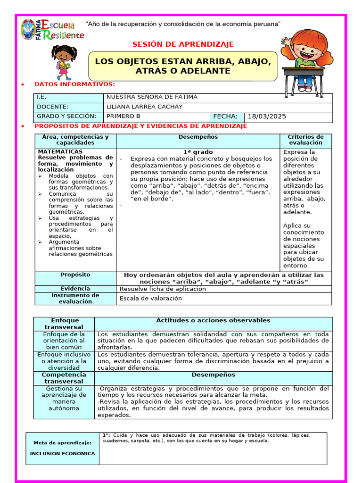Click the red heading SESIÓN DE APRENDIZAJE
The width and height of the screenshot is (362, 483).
pos(183,44)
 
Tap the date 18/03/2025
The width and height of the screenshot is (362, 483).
pos(266,117)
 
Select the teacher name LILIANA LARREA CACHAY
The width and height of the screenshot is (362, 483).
pos(144,107)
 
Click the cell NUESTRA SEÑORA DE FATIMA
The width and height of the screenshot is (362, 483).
pos(152,97)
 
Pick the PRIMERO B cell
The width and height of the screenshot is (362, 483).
pos(123,116)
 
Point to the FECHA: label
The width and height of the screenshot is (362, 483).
pos(227,117)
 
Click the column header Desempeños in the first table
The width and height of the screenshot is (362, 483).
pos(198,137)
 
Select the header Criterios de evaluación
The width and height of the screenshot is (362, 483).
pos(305,140)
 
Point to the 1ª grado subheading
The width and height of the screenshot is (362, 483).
pos(198,152)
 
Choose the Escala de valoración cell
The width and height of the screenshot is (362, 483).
pos(150,298)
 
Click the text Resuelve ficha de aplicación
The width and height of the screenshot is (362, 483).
pos(163,289)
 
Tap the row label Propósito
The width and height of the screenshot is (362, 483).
pos(75,275)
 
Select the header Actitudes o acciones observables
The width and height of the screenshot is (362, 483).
pos(213,320)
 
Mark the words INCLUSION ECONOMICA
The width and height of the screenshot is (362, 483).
pos(62,453)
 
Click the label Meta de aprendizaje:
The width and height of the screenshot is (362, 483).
pos(62,443)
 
